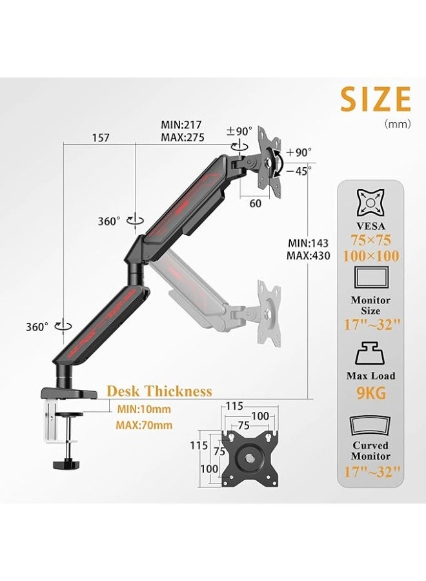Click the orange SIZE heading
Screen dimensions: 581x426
point(376,100)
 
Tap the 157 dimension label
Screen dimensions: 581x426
point(101,138)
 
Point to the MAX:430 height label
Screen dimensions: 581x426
point(308,256)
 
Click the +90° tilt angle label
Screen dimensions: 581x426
point(299,152)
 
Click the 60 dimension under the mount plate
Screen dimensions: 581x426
point(256,204)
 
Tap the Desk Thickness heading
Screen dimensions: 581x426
point(159,391)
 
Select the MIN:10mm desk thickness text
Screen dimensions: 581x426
point(145,409)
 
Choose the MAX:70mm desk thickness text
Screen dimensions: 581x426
point(144,425)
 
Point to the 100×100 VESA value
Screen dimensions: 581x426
point(370,256)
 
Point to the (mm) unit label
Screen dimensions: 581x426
point(397,124)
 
